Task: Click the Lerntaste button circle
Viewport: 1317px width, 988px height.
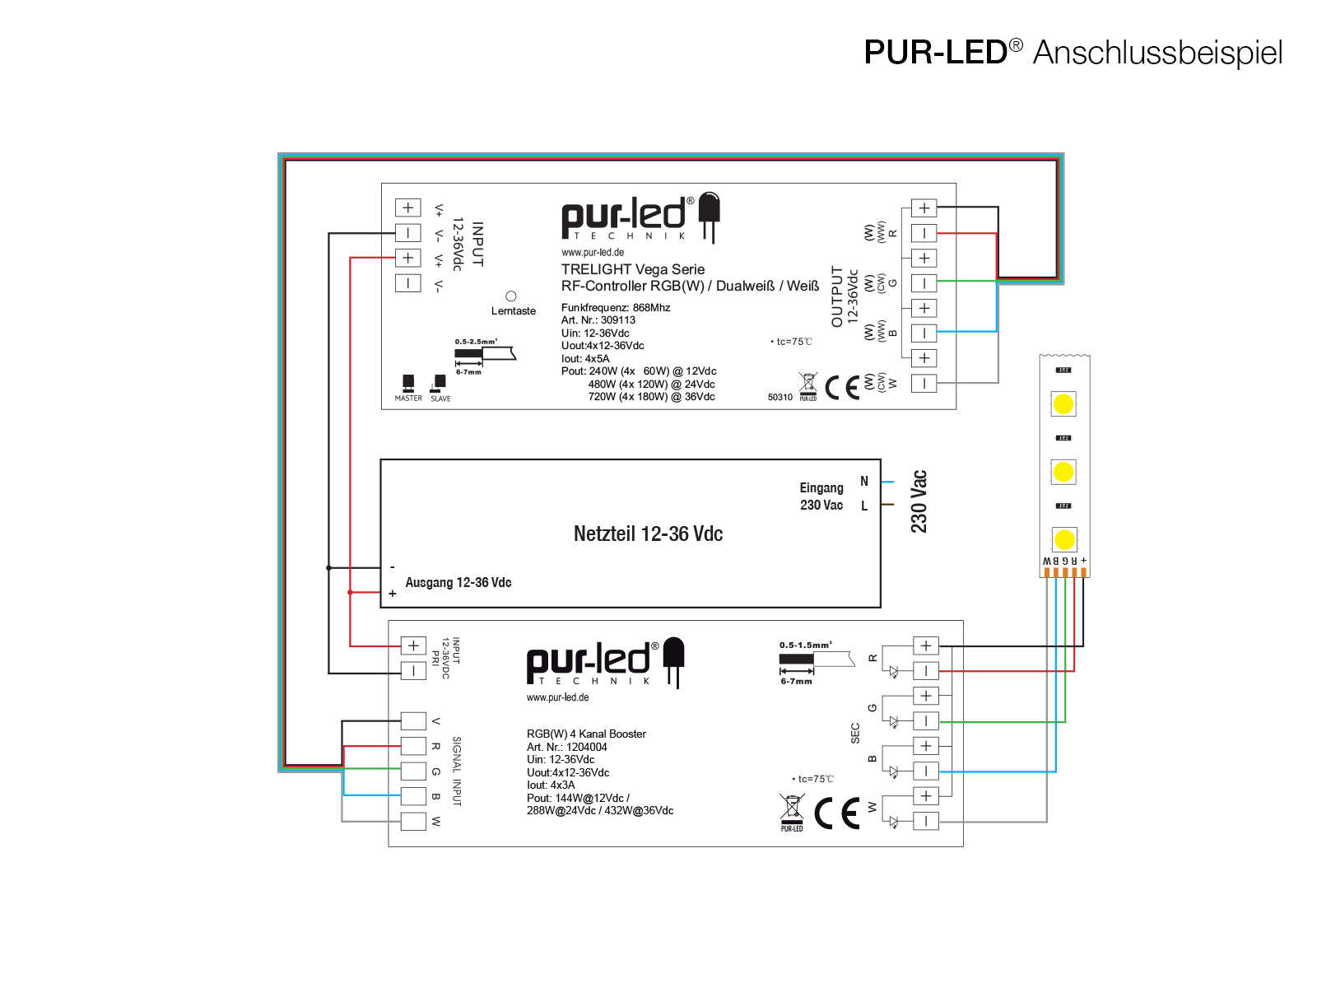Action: (511, 296)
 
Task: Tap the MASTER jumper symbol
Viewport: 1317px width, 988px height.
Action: (408, 383)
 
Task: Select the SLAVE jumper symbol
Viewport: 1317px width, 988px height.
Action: (440, 382)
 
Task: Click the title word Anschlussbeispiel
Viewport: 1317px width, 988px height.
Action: (1157, 53)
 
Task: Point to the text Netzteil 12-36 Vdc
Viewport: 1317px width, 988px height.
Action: (648, 534)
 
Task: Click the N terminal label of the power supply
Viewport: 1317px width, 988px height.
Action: (864, 482)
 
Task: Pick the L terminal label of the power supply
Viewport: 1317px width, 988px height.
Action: (864, 506)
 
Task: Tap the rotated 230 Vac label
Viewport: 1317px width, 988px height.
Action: (919, 501)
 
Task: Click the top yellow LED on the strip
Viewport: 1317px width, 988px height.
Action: (1063, 404)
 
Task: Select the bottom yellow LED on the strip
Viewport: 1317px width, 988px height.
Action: (1064, 540)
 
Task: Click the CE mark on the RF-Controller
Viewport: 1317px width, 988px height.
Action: (842, 388)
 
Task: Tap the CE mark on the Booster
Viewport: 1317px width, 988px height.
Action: (837, 813)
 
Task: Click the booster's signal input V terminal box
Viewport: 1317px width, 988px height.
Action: (413, 721)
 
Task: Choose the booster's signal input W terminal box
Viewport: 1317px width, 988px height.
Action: (413, 821)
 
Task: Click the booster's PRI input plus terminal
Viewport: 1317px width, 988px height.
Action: (413, 645)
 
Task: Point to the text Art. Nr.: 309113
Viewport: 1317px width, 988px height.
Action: (598, 320)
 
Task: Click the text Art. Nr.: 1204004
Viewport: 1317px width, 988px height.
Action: (567, 747)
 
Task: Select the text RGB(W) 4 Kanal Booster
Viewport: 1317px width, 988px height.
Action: (586, 734)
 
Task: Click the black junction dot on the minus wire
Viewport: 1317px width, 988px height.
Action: (328, 568)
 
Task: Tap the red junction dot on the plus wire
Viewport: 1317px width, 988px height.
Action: (350, 593)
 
